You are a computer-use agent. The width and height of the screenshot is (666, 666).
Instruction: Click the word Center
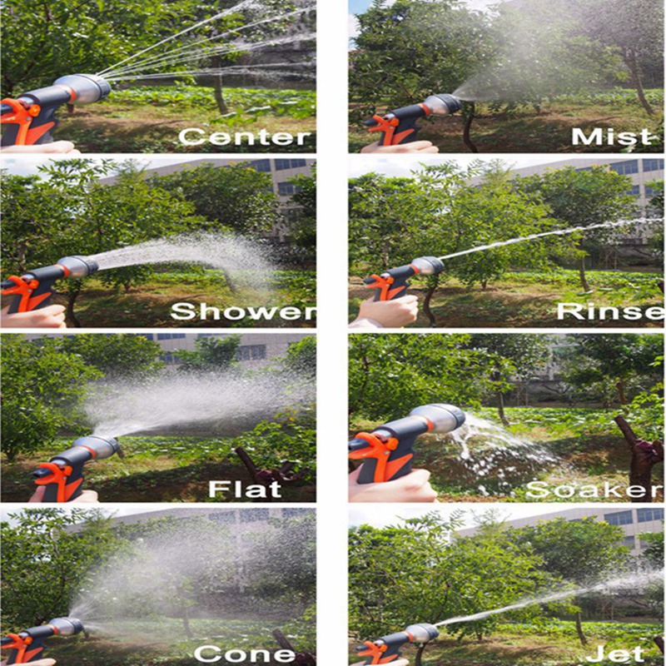click(244, 137)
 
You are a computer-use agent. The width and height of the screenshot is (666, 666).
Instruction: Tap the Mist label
click(611, 137)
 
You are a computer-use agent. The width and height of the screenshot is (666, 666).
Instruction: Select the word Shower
click(243, 311)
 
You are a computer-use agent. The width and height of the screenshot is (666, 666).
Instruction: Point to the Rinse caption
click(610, 311)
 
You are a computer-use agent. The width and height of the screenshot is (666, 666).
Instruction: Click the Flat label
click(245, 489)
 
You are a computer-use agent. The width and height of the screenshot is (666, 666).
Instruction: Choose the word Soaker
click(594, 489)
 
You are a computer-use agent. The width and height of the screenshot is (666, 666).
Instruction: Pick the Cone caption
click(245, 654)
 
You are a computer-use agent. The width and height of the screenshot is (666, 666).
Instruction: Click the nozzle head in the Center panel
click(82, 89)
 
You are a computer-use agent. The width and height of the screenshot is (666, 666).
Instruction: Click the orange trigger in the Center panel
click(19, 116)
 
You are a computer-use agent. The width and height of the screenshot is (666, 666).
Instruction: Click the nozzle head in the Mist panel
click(442, 105)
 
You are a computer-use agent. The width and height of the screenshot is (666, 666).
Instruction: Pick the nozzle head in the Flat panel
click(97, 447)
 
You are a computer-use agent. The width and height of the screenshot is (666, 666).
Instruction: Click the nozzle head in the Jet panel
click(421, 634)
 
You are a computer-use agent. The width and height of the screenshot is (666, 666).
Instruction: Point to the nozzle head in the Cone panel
click(66, 627)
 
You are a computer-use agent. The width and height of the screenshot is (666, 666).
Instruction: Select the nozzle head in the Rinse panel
click(427, 266)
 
